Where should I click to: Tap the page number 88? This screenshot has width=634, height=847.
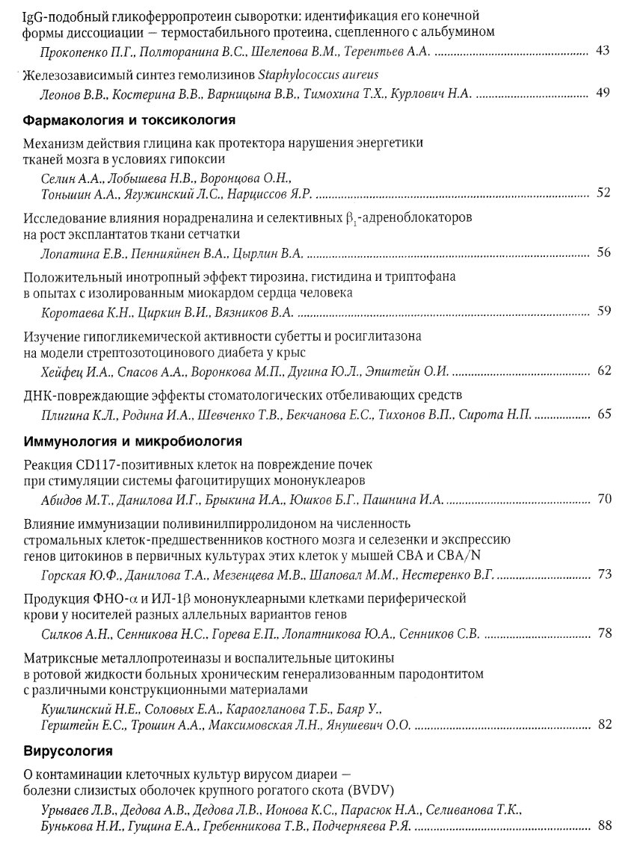(x=604, y=827)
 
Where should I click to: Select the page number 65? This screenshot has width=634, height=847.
(x=604, y=413)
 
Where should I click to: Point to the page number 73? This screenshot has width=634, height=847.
(x=604, y=574)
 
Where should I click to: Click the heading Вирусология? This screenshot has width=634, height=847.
(x=68, y=748)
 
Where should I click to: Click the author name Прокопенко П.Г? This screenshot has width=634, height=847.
(x=76, y=52)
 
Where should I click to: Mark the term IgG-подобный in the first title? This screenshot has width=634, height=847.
(x=59, y=15)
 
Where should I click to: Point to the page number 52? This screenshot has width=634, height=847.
(x=604, y=193)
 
